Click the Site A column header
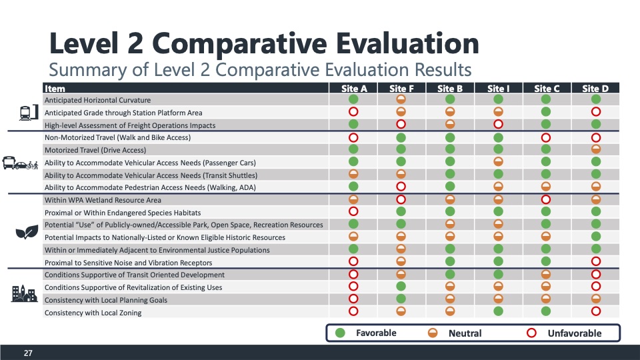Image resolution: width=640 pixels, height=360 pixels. point(354,89)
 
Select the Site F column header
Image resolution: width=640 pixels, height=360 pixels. point(401,89)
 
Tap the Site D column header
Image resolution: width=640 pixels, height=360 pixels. point(595,89)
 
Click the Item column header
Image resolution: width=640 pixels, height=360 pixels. point(55,89)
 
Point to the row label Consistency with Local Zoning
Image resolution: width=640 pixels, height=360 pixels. point(93,313)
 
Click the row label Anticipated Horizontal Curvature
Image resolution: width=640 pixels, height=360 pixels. point(97,100)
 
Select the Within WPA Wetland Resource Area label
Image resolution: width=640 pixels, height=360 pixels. point(103,200)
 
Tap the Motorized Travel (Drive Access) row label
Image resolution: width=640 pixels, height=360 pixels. point(95,150)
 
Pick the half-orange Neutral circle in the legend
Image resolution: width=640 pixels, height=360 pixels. point(433,333)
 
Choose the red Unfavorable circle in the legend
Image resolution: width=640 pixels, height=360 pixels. point(531,333)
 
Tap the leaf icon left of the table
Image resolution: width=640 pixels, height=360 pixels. point(26,231)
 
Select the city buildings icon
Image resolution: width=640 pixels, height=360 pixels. point(24,293)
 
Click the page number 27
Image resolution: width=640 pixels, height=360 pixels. point(28,353)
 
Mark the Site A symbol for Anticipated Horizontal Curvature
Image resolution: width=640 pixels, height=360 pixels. point(354,100)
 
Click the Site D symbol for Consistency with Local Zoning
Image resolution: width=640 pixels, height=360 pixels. point(596,311)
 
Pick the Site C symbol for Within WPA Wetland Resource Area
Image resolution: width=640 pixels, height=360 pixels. point(546,199)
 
